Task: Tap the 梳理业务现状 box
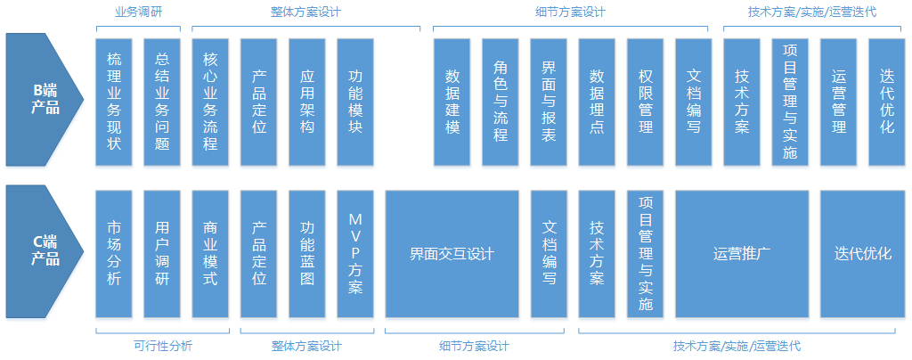(x=114, y=102)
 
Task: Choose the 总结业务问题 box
(x=162, y=102)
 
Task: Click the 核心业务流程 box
(x=210, y=102)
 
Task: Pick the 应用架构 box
(x=307, y=102)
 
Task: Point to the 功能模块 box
(x=355, y=102)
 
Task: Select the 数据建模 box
(x=452, y=102)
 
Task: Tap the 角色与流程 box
(x=501, y=102)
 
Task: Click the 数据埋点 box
(x=597, y=102)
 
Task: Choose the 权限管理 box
(x=645, y=102)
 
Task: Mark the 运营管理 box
(x=838, y=102)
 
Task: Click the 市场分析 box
(x=114, y=253)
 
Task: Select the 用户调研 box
(x=162, y=253)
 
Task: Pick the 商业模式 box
(x=210, y=253)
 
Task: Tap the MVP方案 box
(x=355, y=253)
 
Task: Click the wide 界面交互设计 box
(x=452, y=253)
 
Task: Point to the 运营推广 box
(x=742, y=253)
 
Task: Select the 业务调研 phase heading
(x=138, y=12)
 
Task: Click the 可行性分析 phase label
(x=162, y=346)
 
